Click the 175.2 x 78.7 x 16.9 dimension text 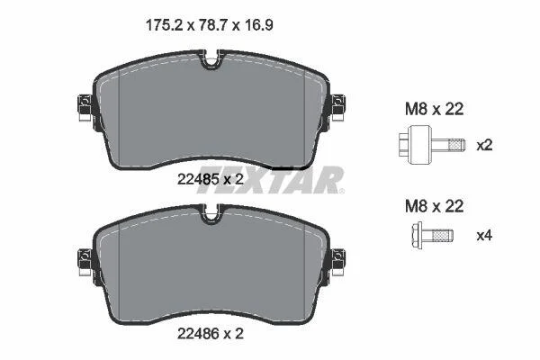coord(210,25)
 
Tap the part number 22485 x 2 coord(210,179)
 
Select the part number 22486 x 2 coord(210,334)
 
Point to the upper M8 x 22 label coord(435,109)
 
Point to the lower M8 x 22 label coord(435,206)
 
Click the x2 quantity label coord(484,146)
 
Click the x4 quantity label coord(484,236)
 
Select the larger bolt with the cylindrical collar coord(432,145)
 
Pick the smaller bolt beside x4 coord(432,235)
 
